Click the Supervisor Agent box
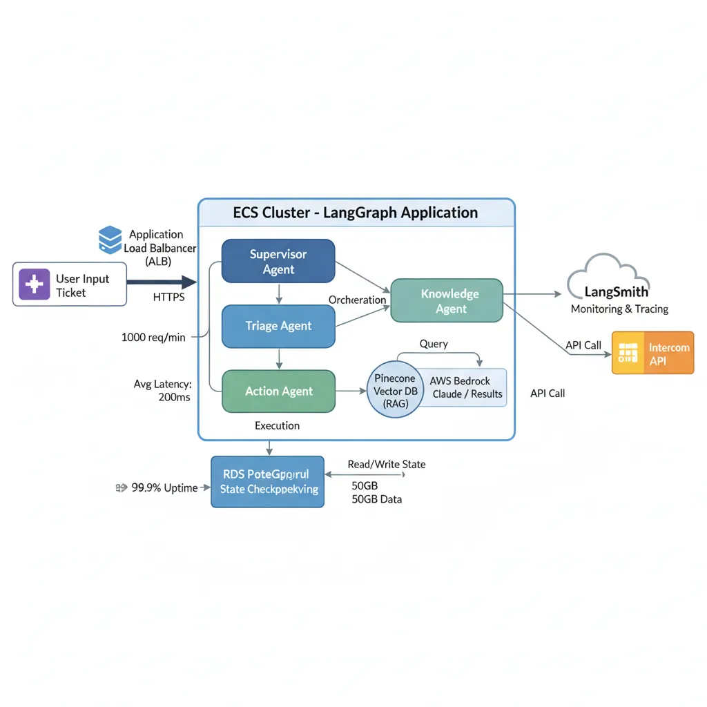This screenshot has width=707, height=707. click(278, 261)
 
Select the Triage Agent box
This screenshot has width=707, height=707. click(278, 326)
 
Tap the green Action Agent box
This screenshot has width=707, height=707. click(278, 391)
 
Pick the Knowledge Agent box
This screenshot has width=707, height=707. click(447, 301)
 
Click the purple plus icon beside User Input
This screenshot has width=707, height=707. click(35, 284)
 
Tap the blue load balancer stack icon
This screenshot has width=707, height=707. click(110, 240)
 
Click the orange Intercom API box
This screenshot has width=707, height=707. click(653, 353)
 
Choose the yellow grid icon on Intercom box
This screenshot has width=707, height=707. click(628, 353)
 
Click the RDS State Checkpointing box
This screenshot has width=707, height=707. click(267, 482)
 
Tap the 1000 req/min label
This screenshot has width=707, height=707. click(154, 338)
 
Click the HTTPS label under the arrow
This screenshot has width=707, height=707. click(168, 298)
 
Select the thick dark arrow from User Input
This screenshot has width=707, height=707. click(162, 282)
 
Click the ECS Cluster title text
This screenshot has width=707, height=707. click(356, 213)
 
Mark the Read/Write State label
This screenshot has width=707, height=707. click(387, 465)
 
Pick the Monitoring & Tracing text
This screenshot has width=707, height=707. click(619, 309)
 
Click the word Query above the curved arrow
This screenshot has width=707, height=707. click(434, 344)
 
